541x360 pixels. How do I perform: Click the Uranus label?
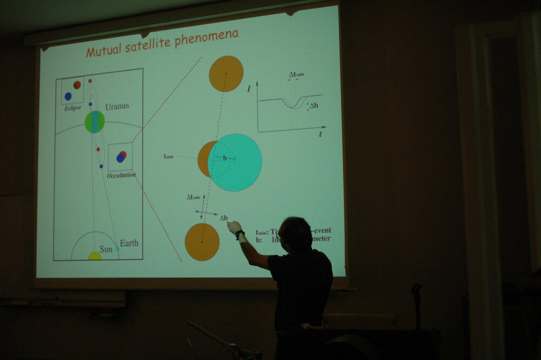pyautogui.click(x=117, y=106)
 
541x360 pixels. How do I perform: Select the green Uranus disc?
pyautogui.click(x=95, y=122)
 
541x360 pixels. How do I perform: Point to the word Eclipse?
pyautogui.click(x=72, y=108)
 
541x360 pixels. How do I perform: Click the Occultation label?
pyautogui.click(x=121, y=175)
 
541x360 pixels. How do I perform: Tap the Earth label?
pyautogui.click(x=129, y=243)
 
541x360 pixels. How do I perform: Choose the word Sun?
pyautogui.click(x=105, y=249)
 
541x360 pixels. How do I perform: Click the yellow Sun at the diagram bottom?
pyautogui.click(x=95, y=256)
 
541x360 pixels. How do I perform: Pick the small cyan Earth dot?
pyautogui.click(x=117, y=249)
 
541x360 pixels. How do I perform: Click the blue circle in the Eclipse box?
pyautogui.click(x=68, y=96)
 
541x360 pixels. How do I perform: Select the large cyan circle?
pyautogui.click(x=235, y=162)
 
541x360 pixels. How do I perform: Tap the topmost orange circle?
pyautogui.click(x=226, y=74)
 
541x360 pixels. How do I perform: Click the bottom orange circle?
pyautogui.click(x=202, y=242)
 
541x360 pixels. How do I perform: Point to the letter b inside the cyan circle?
pyautogui.click(x=225, y=158)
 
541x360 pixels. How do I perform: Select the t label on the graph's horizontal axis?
pyautogui.click(x=320, y=134)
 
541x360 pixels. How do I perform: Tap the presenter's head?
pyautogui.click(x=296, y=234)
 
